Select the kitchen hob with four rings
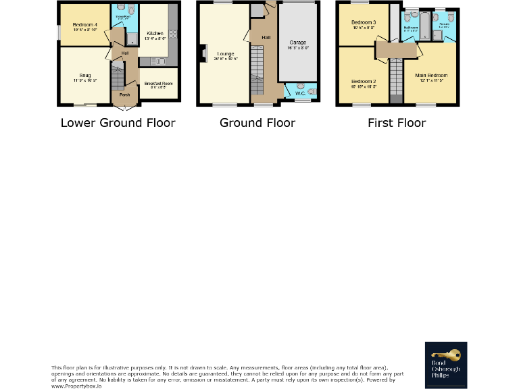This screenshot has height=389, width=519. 173,33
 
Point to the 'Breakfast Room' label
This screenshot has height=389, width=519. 158,83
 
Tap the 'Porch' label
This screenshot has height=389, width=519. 124,95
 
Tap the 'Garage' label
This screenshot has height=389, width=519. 298,43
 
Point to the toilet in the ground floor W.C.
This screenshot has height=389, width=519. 311,90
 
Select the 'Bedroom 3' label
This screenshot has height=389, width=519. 363,23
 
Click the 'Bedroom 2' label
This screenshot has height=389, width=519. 363,81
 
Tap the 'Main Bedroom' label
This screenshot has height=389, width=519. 431,76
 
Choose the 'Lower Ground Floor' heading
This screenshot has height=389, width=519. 118,123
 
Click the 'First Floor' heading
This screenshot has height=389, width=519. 397,123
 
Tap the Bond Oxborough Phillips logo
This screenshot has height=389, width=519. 445,365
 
